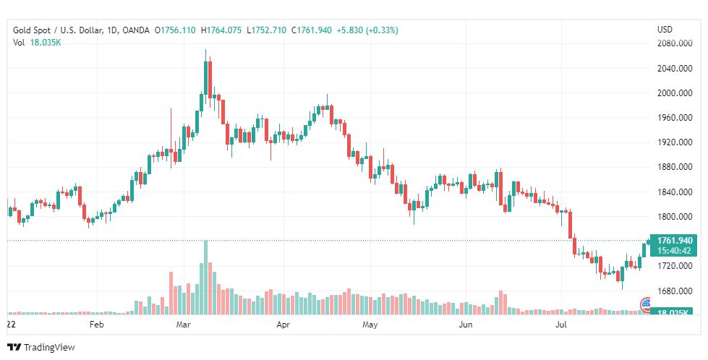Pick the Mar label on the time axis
click(x=183, y=325)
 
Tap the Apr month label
click(x=283, y=325)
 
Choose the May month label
click(x=370, y=325)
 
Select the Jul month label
click(x=560, y=325)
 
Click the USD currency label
click(x=664, y=30)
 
